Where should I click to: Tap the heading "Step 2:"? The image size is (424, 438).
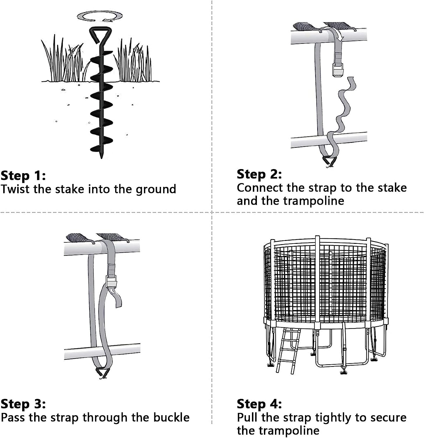pos(259,174)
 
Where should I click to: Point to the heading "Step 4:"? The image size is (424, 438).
pos(259,404)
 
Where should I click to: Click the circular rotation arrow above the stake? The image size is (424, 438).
pos(100,16)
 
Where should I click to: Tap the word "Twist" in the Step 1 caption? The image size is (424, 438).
pos(15,189)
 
